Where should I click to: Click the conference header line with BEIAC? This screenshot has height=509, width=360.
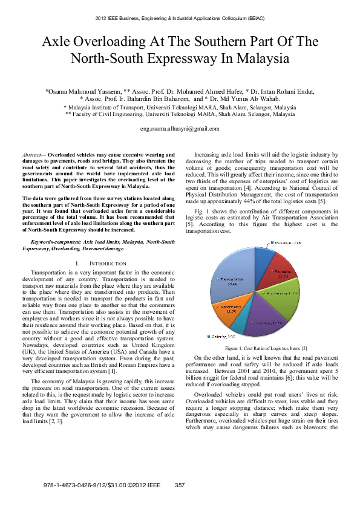pyautogui.click(x=180, y=19)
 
